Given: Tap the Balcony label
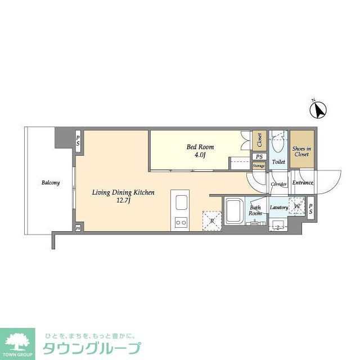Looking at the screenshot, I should (51, 183).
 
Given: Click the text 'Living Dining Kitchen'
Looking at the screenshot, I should (123, 192).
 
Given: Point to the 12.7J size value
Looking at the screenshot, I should (124, 200).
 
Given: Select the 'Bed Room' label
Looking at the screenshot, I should (200, 147).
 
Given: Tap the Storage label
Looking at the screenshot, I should (258, 166).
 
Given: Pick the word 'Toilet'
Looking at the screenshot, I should (278, 162).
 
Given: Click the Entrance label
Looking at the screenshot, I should (303, 183).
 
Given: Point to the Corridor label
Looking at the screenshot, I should (278, 184).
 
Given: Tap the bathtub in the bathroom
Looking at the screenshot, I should (233, 210).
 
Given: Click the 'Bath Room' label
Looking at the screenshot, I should (256, 210).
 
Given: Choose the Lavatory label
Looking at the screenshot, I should (278, 208).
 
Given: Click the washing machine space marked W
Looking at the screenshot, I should (296, 206).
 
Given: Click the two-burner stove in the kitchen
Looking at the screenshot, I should (182, 223).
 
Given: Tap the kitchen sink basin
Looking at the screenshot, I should (182, 202).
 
